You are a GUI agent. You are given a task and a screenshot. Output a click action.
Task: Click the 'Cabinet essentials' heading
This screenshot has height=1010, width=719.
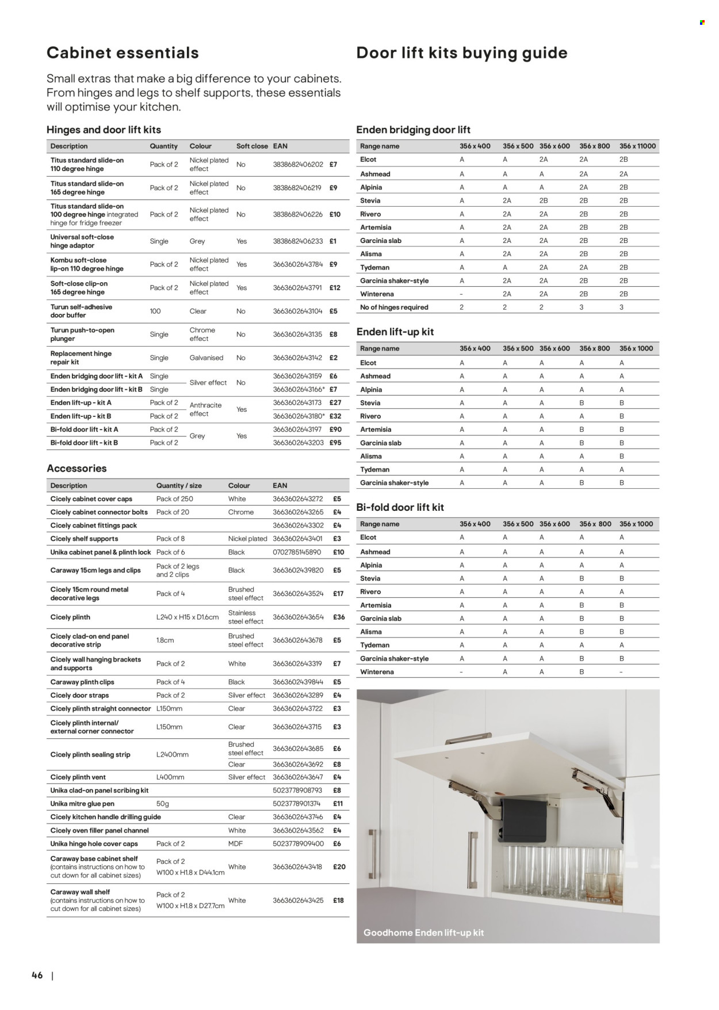123,53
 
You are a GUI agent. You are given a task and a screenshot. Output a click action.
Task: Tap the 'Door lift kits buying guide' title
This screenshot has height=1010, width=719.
461,53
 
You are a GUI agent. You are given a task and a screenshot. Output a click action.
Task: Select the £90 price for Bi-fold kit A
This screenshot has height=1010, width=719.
335,430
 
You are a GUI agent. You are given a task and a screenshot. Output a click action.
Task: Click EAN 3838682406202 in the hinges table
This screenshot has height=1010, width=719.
297,165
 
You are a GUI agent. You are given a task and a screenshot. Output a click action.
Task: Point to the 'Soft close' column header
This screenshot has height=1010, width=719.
252,146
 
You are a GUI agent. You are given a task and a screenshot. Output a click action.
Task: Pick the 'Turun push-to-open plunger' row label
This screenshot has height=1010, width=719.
82,335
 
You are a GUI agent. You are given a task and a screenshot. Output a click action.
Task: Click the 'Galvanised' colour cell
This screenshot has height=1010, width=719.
206,358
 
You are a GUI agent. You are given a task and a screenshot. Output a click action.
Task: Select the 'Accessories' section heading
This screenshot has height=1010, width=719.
77,469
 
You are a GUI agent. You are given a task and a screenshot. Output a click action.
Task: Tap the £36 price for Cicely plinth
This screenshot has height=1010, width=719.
339,617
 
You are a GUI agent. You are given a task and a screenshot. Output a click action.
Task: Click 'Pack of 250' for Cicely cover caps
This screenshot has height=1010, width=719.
174,499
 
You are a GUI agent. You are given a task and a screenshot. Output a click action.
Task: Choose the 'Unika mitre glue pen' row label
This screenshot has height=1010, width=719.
82,804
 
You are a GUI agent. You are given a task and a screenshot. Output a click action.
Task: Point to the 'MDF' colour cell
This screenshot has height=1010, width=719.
235,844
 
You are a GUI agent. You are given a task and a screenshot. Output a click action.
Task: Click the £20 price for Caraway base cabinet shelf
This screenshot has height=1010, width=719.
339,867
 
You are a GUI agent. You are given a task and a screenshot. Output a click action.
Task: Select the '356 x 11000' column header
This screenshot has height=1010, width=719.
637,146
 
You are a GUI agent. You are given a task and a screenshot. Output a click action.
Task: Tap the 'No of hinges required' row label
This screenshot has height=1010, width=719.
394,307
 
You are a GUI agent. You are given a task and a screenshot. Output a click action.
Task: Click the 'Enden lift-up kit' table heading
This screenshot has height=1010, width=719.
395,332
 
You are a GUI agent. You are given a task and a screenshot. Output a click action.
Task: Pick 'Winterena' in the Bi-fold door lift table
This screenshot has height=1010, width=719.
377,672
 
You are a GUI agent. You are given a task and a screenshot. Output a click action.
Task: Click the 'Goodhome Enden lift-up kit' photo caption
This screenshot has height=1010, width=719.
423,933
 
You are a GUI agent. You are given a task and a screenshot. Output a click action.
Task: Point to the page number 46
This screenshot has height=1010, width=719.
37,975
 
